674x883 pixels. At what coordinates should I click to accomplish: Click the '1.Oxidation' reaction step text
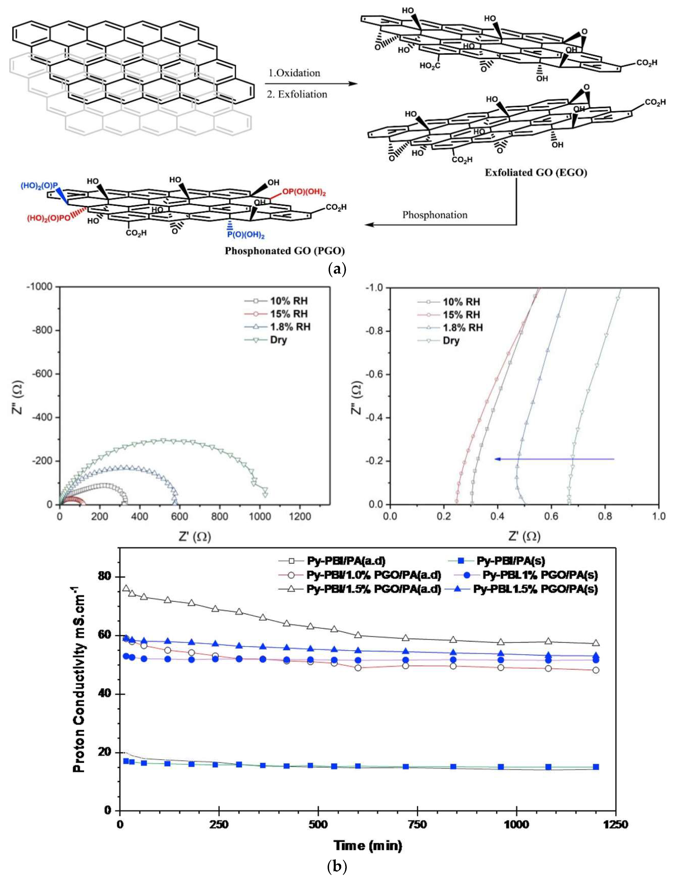point(294,73)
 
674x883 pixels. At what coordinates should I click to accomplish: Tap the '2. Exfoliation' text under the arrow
point(297,94)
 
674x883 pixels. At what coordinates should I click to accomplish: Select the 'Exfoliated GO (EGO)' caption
point(536,173)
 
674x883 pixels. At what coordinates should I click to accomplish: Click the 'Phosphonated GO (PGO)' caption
point(284,251)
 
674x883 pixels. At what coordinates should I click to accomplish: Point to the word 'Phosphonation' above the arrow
point(435,215)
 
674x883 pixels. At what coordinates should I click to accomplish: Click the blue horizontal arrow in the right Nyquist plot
point(554,459)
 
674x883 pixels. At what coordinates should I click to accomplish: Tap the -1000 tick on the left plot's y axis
point(43,287)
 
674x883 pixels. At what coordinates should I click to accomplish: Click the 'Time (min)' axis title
point(367,846)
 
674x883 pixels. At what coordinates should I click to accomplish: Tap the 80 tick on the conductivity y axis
point(105,577)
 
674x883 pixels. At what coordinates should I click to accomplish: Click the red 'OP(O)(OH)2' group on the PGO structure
point(304,192)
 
